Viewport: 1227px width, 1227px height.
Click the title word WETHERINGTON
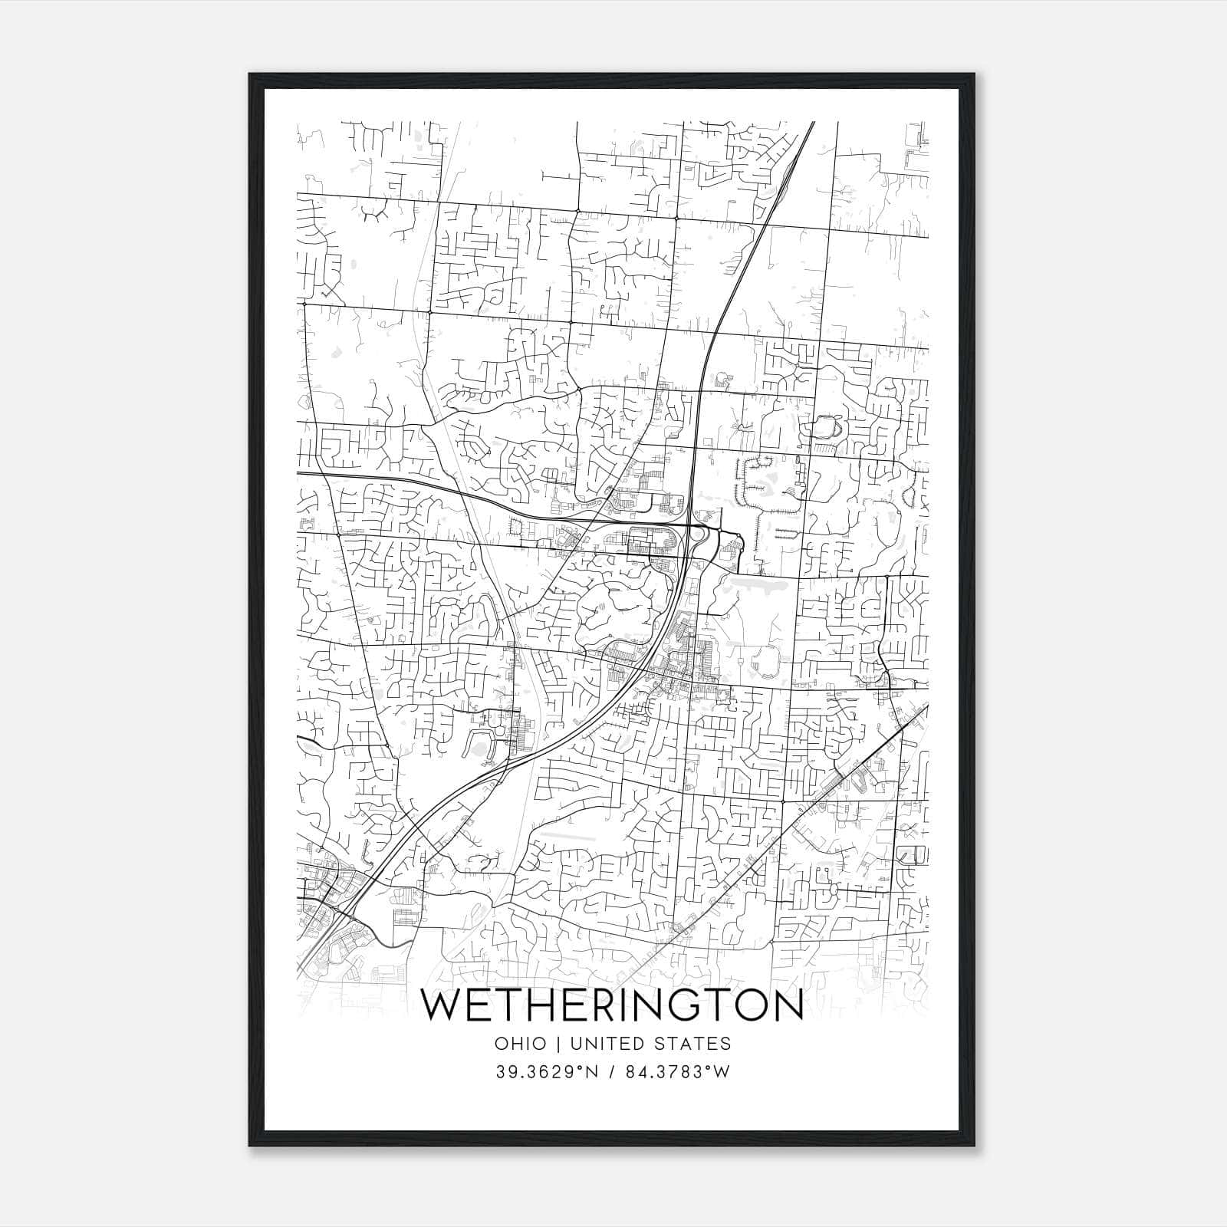(x=613, y=1006)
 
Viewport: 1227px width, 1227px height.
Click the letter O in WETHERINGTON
(x=755, y=1006)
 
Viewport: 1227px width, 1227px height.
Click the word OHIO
(x=521, y=1044)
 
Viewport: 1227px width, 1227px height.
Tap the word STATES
(x=695, y=1044)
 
